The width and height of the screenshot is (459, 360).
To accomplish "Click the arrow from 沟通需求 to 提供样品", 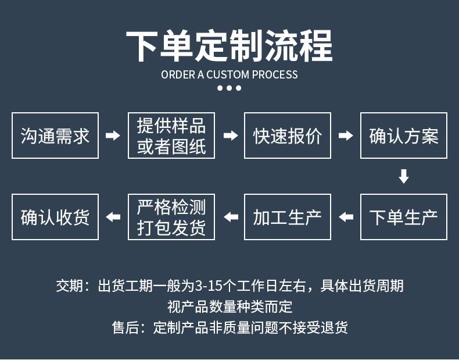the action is pyautogui.click(x=113, y=136).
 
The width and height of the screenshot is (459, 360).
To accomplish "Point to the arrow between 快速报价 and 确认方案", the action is pyautogui.click(x=346, y=136).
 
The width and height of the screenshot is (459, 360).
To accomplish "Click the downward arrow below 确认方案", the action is pyautogui.click(x=404, y=176).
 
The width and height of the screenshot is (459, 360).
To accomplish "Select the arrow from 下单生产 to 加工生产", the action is pyautogui.click(x=346, y=217).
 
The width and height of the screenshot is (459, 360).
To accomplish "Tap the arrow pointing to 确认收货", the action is pyautogui.click(x=113, y=217).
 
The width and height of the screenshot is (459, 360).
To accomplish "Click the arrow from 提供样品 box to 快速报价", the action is pyautogui.click(x=231, y=136).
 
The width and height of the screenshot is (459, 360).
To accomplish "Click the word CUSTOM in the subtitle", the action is pyautogui.click(x=228, y=74).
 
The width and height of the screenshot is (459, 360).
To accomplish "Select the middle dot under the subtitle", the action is pyautogui.click(x=229, y=88).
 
